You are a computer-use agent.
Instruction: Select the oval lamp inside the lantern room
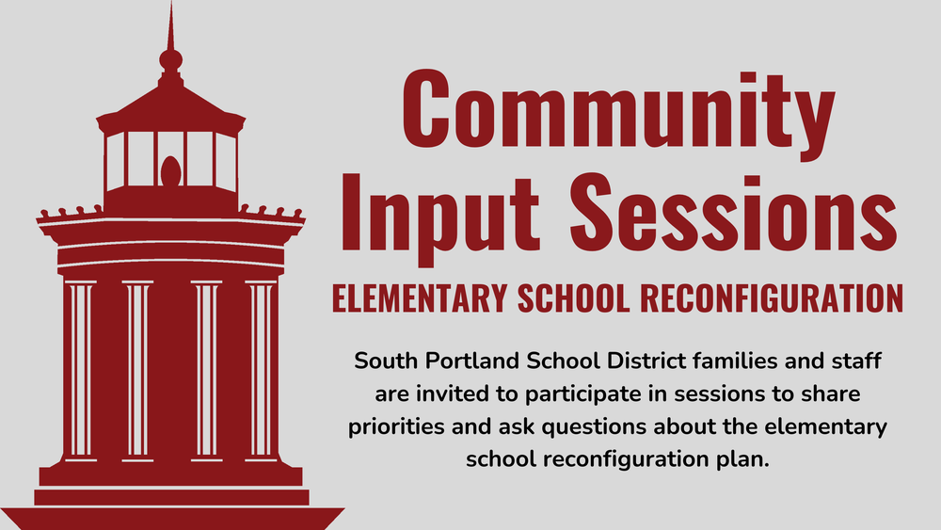tap(170, 169)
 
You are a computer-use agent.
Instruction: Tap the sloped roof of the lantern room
tap(170, 102)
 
